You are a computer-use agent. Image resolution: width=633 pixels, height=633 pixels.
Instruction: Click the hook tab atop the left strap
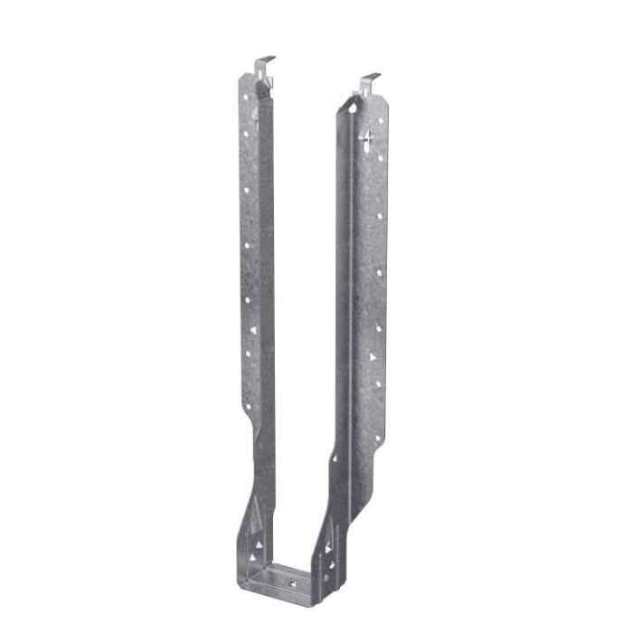pos(263,63)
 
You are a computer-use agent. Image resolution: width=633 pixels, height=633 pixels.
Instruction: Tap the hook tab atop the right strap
pos(369,81)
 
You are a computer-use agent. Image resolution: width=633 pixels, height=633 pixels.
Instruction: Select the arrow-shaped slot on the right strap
pos(366,139)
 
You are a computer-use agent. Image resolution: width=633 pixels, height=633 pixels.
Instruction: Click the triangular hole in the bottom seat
pos(291,585)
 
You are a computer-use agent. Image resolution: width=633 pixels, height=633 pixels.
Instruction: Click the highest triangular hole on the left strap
pos(253,330)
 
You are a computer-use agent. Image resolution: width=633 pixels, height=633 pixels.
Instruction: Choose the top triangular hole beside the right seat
pos(328,524)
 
